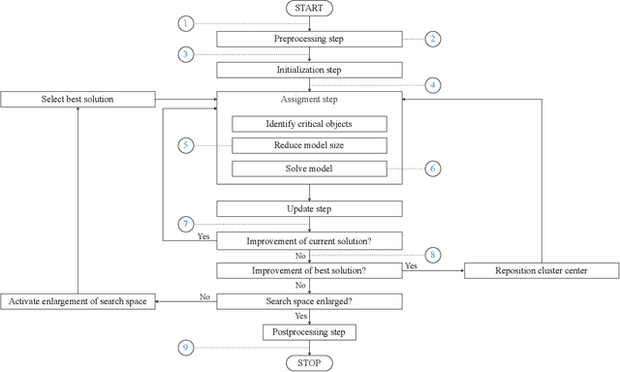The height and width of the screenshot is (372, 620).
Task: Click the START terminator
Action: point(309,9)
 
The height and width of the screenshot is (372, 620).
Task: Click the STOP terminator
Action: point(309,362)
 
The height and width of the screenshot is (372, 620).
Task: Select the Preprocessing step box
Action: point(309,39)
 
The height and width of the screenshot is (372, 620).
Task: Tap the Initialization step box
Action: point(309,70)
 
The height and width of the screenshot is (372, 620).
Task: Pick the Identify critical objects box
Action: point(309,124)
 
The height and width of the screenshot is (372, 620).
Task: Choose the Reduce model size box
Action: point(309,146)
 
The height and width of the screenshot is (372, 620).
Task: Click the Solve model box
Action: point(309,170)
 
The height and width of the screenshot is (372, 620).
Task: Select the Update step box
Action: point(309,208)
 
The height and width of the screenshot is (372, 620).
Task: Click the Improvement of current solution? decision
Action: point(309,239)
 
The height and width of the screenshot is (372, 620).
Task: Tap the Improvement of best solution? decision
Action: point(309,270)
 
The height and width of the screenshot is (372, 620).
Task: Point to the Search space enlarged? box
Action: point(309,301)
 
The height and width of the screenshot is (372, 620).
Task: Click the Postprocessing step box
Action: point(309,331)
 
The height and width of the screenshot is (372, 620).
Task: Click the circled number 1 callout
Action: point(187,22)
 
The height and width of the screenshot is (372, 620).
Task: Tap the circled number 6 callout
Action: point(432,168)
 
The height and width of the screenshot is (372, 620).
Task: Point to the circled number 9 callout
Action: point(187,347)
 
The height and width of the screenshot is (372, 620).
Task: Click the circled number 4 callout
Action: point(432,84)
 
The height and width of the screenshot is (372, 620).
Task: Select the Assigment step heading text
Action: point(309,101)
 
